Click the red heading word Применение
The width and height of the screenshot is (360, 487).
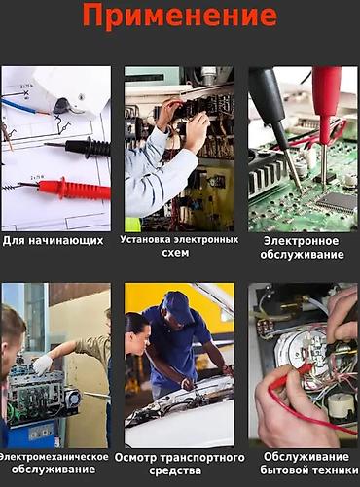pyautogui.click(x=180, y=17)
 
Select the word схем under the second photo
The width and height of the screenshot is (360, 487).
pyautogui.click(x=175, y=253)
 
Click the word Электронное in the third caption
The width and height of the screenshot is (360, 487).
pyautogui.click(x=301, y=241)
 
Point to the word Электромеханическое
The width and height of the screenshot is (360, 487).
pyautogui.click(x=54, y=457)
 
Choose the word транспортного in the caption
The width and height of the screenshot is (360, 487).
pyautogui.click(x=202, y=458)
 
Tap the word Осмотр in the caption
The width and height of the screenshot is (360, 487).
pyautogui.click(x=136, y=458)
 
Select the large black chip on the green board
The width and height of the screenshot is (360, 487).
pyautogui.click(x=338, y=202)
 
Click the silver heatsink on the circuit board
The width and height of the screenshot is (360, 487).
pyautogui.click(x=265, y=177)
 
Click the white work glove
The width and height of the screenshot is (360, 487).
pyautogui.click(x=43, y=365)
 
